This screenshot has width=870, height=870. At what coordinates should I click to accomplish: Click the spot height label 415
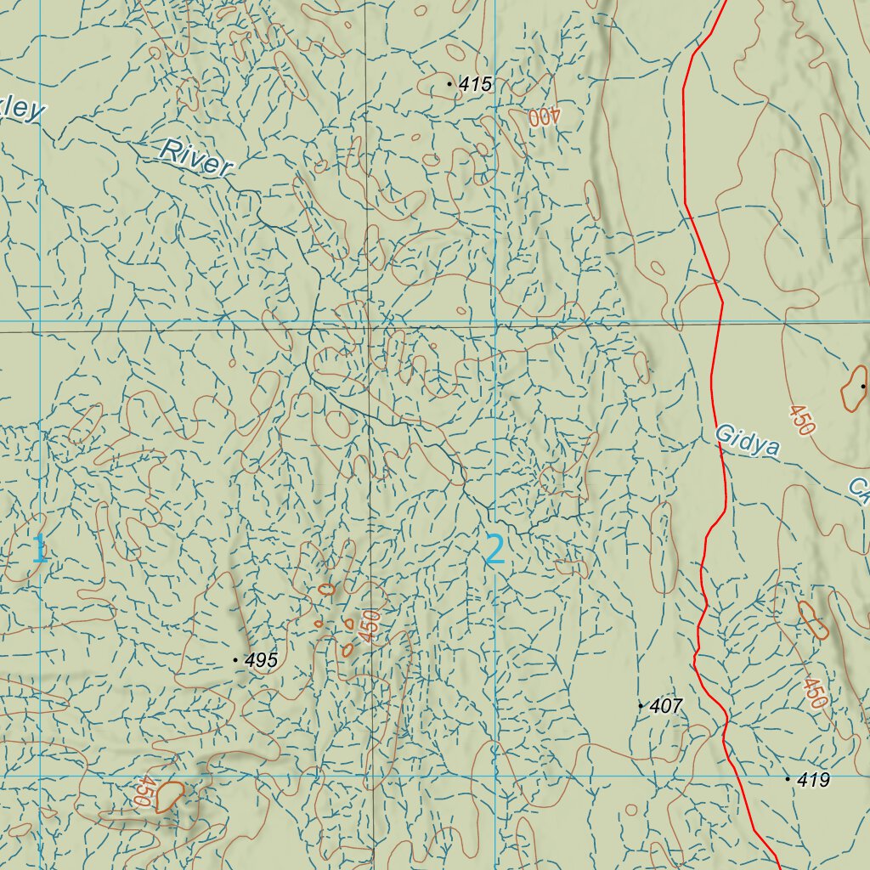[x=475, y=84]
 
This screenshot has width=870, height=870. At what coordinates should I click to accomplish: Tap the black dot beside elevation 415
[x=449, y=84]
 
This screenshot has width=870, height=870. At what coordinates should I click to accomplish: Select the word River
[x=195, y=157]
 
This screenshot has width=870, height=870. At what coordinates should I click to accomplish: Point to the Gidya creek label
[x=747, y=440]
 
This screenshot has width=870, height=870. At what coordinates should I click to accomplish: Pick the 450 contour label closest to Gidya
[x=801, y=421]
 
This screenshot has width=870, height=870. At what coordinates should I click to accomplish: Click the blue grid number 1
[x=39, y=550]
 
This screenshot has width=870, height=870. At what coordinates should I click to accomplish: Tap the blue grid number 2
[x=495, y=550]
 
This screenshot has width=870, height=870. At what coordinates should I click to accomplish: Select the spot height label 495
[x=261, y=660]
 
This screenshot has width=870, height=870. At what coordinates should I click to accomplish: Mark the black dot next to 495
[x=235, y=659]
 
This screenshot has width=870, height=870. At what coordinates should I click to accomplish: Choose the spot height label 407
[x=665, y=706]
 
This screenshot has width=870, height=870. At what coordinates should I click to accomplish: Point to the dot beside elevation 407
[x=641, y=705]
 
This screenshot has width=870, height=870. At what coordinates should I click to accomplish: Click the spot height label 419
[x=813, y=780]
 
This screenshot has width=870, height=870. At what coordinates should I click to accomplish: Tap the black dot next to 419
[x=788, y=778]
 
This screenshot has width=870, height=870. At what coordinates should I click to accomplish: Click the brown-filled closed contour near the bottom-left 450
[x=170, y=795]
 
